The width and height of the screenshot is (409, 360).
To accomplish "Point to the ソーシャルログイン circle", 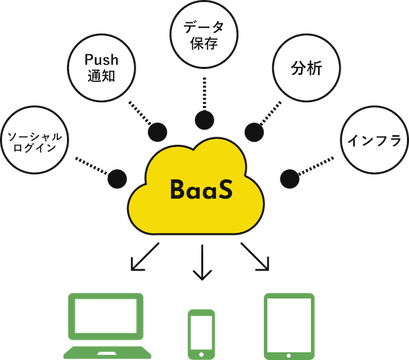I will pyautogui.click(x=36, y=140).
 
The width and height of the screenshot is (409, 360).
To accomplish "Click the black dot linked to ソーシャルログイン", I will pyautogui.click(x=117, y=177).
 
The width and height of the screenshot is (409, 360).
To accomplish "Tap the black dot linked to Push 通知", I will pyautogui.click(x=157, y=131).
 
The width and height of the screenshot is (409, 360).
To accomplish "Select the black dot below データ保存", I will pyautogui.click(x=204, y=119).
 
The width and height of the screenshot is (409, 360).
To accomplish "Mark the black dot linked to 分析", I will pyautogui.click(x=254, y=131).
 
